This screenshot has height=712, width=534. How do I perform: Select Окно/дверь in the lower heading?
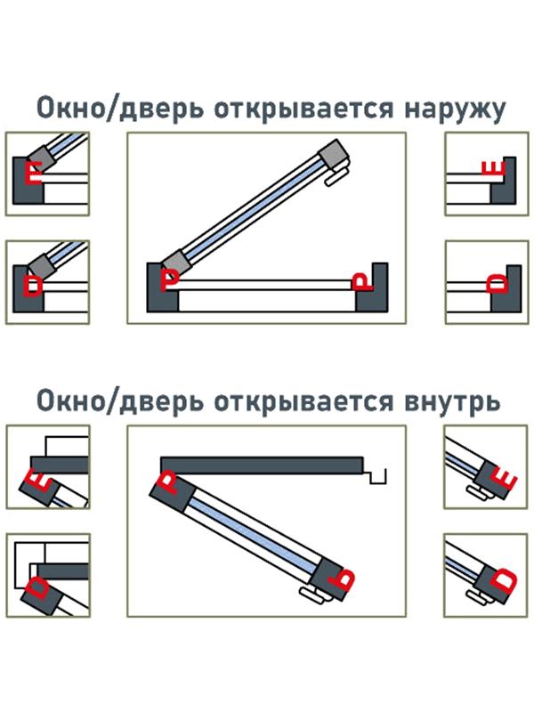tap(105, 400)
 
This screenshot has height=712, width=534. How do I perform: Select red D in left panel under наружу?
tap(35, 284)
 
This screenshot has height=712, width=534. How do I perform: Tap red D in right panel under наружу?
tap(498, 284)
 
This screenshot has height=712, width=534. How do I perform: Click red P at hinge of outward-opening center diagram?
tap(169, 279)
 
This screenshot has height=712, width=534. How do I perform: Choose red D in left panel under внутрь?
tap(39, 589)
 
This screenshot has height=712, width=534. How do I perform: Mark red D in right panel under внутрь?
tap(504, 582)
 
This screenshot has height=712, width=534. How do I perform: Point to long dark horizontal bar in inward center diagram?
tap(263, 465)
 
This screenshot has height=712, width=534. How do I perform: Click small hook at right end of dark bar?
tap(380, 475)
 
